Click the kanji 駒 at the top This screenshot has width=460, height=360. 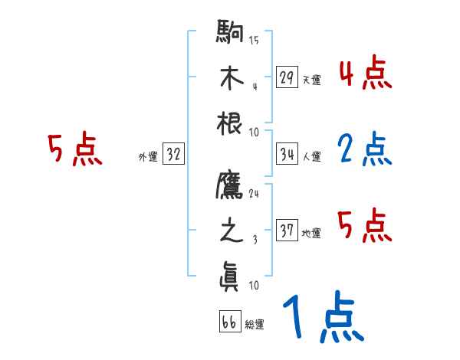230,34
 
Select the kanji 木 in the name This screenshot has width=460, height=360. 230,78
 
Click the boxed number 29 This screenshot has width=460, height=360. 287,77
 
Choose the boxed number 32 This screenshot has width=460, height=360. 173,155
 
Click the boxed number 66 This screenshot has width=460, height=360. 228,322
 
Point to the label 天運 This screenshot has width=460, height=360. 311,80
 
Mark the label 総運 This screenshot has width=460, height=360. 254,325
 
